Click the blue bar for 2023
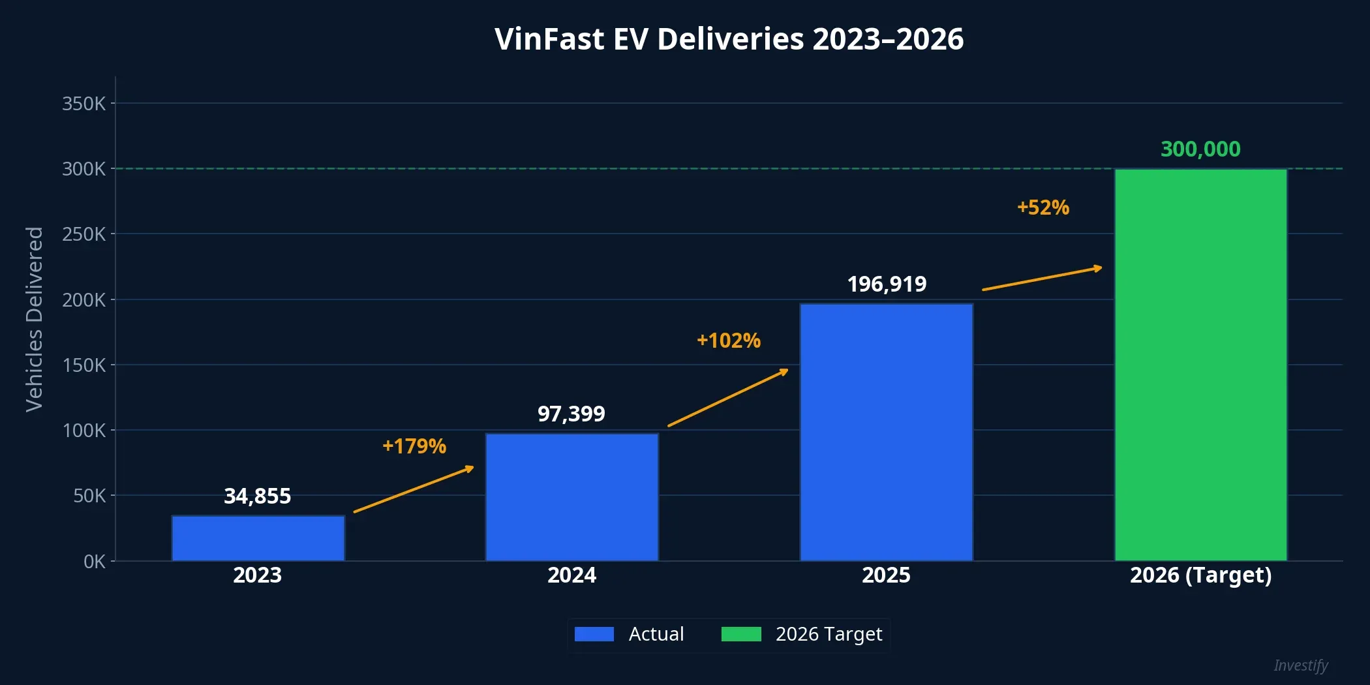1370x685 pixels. [x=258, y=538]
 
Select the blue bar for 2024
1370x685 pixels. [x=571, y=497]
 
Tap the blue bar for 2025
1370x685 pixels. [x=886, y=432]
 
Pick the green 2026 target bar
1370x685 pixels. [x=1200, y=365]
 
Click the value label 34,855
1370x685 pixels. [x=258, y=496]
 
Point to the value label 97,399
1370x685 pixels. [x=571, y=414]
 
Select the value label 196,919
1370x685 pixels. [x=887, y=284]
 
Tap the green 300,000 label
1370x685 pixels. [x=1200, y=149]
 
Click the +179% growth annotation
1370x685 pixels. [x=414, y=446]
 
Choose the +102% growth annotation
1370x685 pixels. [x=729, y=341]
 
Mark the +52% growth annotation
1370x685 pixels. [x=1043, y=207]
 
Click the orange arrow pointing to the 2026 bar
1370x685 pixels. [x=1042, y=279]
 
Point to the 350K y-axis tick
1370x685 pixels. [x=84, y=104]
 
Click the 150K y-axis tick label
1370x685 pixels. [x=84, y=365]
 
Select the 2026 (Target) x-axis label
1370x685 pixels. [x=1200, y=575]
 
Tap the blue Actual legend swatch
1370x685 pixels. [x=594, y=634]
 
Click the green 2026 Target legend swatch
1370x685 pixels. [x=741, y=634]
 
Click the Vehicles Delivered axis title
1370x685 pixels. [x=34, y=319]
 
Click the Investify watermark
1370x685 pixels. [x=1300, y=665]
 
